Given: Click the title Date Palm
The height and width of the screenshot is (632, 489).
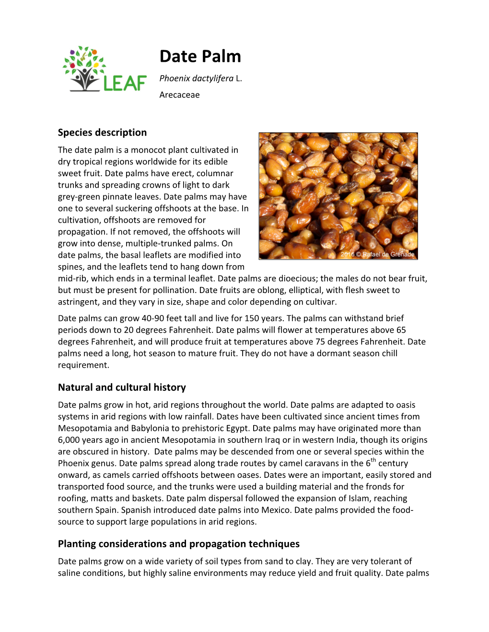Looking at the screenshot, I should (200, 56).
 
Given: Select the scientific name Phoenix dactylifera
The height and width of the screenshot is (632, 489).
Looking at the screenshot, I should (196, 79).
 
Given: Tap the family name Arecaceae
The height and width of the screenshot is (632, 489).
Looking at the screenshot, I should (179, 95).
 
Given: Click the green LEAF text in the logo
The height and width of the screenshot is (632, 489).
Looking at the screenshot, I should (125, 83).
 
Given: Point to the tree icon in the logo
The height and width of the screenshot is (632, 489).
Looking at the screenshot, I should (85, 68).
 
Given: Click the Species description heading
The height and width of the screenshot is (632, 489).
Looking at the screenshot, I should (102, 133).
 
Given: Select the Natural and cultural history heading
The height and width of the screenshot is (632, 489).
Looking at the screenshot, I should (122, 387).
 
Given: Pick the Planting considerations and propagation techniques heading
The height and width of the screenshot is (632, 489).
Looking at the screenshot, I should (178, 544).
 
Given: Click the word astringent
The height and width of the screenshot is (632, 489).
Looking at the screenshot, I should (78, 302).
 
